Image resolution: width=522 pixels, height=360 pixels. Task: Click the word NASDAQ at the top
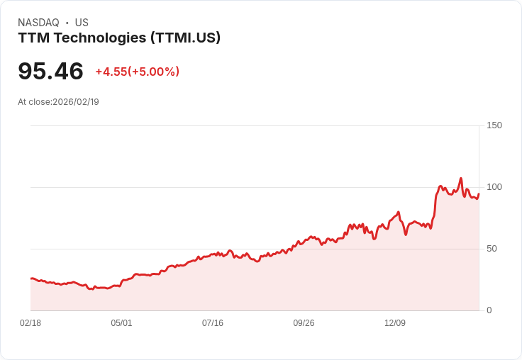point(38,23)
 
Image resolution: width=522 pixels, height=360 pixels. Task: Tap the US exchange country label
point(82,23)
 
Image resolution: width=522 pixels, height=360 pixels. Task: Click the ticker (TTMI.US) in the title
point(185,38)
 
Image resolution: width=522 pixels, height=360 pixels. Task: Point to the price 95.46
point(50,71)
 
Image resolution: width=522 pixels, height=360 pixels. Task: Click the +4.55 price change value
point(111,72)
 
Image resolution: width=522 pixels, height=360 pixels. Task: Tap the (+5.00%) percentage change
point(153,72)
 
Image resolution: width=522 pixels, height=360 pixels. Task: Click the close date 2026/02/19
point(76,102)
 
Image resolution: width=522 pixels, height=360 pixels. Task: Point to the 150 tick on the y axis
point(494,125)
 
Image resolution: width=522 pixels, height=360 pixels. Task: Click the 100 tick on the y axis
point(494,187)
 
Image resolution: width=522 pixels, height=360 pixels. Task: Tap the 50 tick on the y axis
point(492,249)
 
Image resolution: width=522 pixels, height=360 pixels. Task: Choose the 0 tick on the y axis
point(489,310)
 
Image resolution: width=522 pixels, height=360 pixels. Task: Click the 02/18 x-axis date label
point(30,323)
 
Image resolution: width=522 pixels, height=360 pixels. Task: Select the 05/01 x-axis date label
point(121,323)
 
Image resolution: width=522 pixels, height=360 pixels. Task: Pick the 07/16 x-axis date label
point(213,323)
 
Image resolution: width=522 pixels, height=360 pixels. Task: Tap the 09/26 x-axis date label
point(304,323)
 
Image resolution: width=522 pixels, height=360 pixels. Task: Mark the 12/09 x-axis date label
point(395,323)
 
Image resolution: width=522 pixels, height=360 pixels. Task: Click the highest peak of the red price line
point(460,179)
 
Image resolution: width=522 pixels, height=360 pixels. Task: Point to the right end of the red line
point(479,193)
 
